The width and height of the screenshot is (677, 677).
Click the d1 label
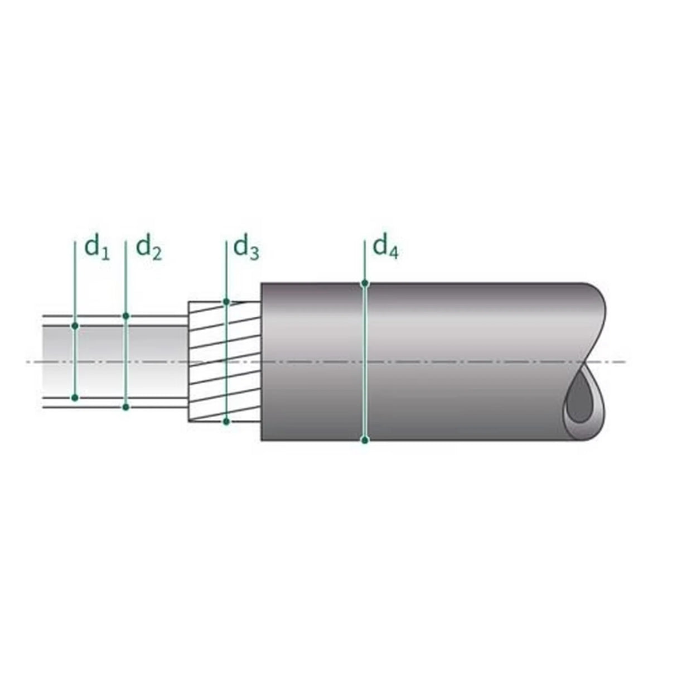point(97,248)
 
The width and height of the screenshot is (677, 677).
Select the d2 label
point(149,248)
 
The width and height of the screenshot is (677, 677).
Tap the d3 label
point(246,248)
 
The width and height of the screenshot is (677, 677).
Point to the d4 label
point(385,248)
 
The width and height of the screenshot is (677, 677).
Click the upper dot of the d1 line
point(75,326)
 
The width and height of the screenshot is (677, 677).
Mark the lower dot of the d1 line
point(75,398)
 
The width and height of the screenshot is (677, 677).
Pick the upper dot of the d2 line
point(126,316)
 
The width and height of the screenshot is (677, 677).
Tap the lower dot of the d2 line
point(126,407)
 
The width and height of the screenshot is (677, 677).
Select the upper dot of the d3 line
point(226,302)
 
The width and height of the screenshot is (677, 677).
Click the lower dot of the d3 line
point(226,421)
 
